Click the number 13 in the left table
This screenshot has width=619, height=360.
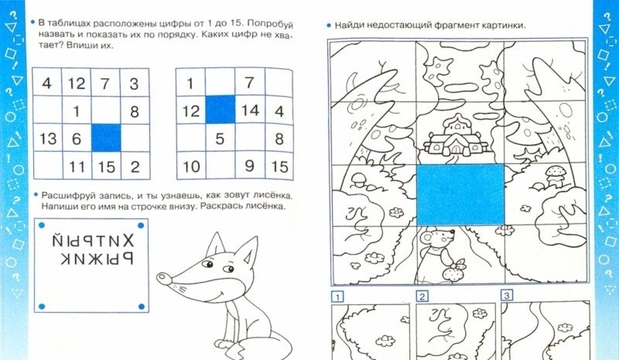pyautogui.click(x=48, y=139)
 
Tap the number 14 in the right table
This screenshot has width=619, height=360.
pyautogui.click(x=250, y=110)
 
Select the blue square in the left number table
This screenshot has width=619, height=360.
pyautogui.click(x=106, y=138)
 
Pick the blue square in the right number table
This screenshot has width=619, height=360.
pyautogui.click(x=221, y=109)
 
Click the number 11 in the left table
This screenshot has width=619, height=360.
pyautogui.click(x=77, y=166)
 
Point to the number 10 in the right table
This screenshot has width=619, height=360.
pyautogui.click(x=191, y=166)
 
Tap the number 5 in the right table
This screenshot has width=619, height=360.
pyautogui.click(x=220, y=139)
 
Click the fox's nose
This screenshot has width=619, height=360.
pyautogui.click(x=164, y=278)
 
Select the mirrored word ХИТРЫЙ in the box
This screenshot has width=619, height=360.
pyautogui.click(x=93, y=239)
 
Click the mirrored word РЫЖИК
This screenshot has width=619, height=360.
pyautogui.click(x=97, y=259)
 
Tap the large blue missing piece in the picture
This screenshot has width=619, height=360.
pyautogui.click(x=460, y=195)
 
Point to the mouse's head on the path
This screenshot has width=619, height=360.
pyautogui.click(x=436, y=238)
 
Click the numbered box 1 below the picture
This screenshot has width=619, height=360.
pyautogui.click(x=337, y=297)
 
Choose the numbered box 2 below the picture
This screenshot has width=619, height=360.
pyautogui.click(x=422, y=297)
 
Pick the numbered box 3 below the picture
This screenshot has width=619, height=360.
pyautogui.click(x=507, y=295)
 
